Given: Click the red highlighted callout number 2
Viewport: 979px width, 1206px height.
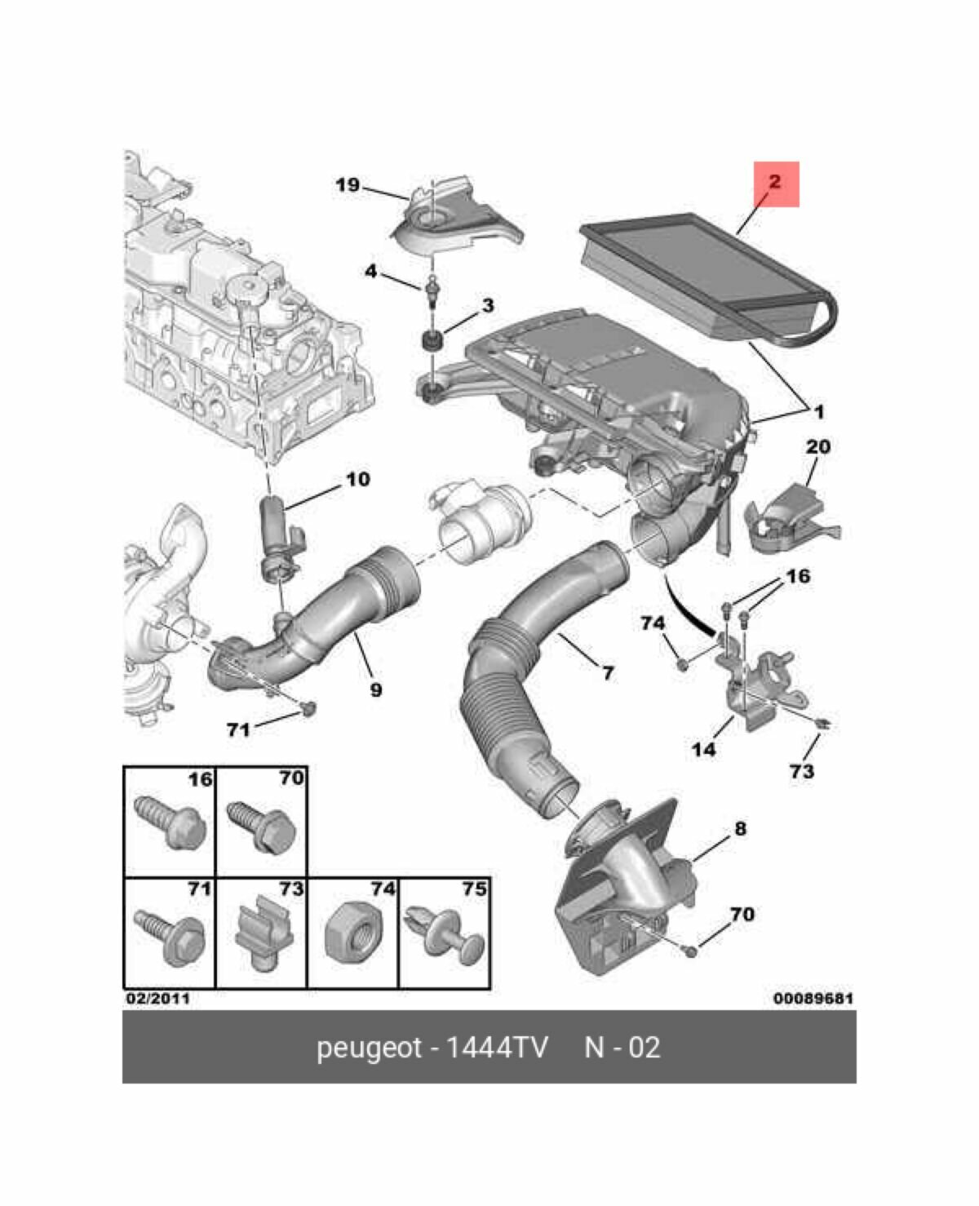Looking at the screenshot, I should point(775,183).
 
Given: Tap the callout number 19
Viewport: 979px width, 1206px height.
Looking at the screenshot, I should point(348,185).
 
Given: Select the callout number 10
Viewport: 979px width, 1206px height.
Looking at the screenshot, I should point(357,479).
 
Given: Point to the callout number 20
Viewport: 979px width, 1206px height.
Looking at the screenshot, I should point(818,447).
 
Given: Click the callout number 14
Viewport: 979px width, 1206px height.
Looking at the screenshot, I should point(703,747).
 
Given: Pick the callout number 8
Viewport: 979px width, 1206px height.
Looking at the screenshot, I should point(740,829).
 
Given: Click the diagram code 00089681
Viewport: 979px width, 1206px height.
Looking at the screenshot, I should point(813,998).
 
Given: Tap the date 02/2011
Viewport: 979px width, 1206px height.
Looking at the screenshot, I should point(157,998).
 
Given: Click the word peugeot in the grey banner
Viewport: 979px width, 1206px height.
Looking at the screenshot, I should point(368,1048).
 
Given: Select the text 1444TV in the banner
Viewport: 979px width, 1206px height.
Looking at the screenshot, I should point(498,1048).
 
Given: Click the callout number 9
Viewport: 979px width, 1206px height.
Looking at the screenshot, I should point(375,690).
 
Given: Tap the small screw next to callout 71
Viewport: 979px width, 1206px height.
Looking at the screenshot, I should point(308,708).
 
